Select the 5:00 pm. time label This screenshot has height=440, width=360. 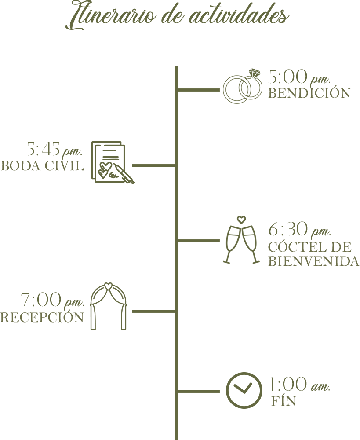tap(299, 77)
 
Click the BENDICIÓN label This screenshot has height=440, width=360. tap(309, 93)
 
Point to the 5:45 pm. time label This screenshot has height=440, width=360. tap(55, 150)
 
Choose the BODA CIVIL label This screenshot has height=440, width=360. tap(42, 166)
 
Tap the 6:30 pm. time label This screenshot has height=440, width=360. tap(299, 230)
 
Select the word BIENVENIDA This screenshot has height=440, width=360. tap(314, 261)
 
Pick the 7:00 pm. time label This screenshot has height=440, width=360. tap(52, 301)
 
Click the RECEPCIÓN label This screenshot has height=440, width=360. tap(42, 317)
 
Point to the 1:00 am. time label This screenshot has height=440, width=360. tap(299, 385)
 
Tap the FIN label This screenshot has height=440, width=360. tap(284, 401)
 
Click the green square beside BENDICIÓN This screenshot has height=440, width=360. tap(242, 86)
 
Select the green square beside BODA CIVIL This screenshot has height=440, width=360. tap(113, 163)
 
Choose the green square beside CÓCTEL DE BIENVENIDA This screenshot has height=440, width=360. tap(241, 240)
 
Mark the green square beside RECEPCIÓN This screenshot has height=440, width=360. tap(108, 306)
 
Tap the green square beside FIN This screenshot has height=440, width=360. tap(244, 390)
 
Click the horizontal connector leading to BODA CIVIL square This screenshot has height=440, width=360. tap(155, 166)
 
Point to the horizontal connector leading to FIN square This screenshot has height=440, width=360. tap(199, 391)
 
